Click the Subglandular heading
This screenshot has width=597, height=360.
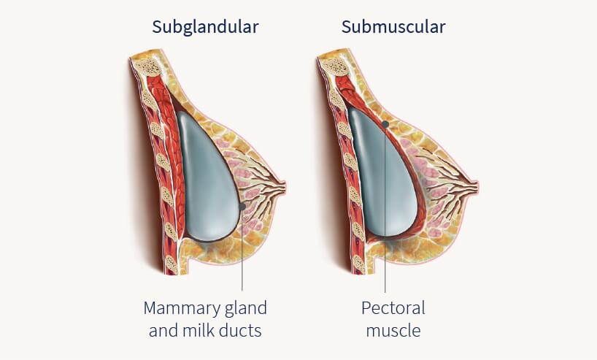(205, 28)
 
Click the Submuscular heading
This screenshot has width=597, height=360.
(393, 28)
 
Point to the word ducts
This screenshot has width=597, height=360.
(242, 330)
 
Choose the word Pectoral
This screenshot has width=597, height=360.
(393, 307)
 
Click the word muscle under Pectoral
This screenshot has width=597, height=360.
(393, 330)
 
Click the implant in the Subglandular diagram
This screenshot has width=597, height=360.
(207, 175)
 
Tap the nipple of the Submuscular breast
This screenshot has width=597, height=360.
(475, 188)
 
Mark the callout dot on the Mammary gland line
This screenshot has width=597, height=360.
(242, 207)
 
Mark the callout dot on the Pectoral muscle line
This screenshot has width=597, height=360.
(385, 124)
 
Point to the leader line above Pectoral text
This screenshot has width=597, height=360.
(385, 219)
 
